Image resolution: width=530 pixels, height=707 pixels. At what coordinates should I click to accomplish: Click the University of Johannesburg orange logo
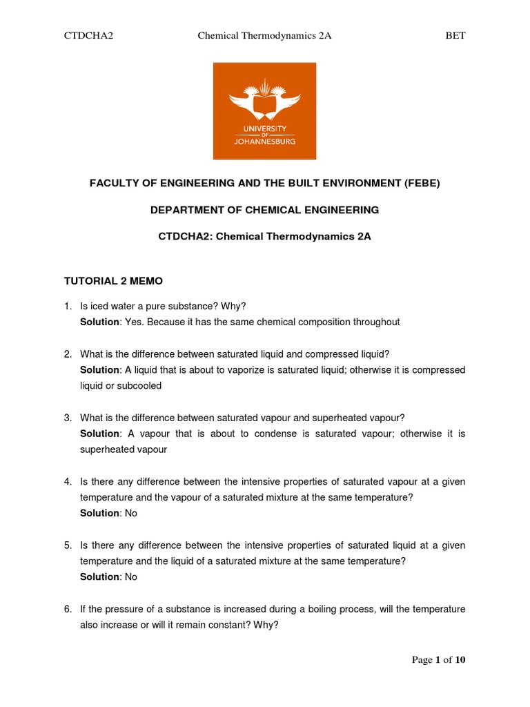pyautogui.click(x=264, y=110)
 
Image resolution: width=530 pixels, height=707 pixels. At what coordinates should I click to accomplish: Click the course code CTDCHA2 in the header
pyautogui.click(x=88, y=36)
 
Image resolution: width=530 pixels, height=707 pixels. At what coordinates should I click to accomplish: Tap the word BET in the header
pyautogui.click(x=455, y=36)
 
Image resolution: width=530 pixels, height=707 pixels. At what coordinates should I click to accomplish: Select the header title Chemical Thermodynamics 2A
pyautogui.click(x=264, y=36)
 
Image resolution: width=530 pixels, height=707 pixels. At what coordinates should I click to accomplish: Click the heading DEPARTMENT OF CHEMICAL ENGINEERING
pyautogui.click(x=264, y=209)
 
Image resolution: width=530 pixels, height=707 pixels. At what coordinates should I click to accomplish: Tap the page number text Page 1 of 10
pyautogui.click(x=438, y=659)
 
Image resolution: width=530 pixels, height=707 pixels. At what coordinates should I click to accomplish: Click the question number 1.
pyautogui.click(x=68, y=306)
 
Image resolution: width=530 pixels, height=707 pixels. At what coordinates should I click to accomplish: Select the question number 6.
pyautogui.click(x=68, y=609)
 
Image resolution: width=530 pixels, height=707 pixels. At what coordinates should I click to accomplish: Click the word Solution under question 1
pyautogui.click(x=99, y=322)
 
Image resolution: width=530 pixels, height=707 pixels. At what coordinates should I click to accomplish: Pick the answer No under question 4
pyautogui.click(x=131, y=513)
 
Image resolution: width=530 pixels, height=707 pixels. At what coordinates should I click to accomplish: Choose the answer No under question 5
pyautogui.click(x=131, y=577)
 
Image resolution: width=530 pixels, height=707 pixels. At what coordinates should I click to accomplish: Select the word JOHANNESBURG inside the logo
pyautogui.click(x=264, y=141)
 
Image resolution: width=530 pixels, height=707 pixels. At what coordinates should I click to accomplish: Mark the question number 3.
pyautogui.click(x=68, y=418)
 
